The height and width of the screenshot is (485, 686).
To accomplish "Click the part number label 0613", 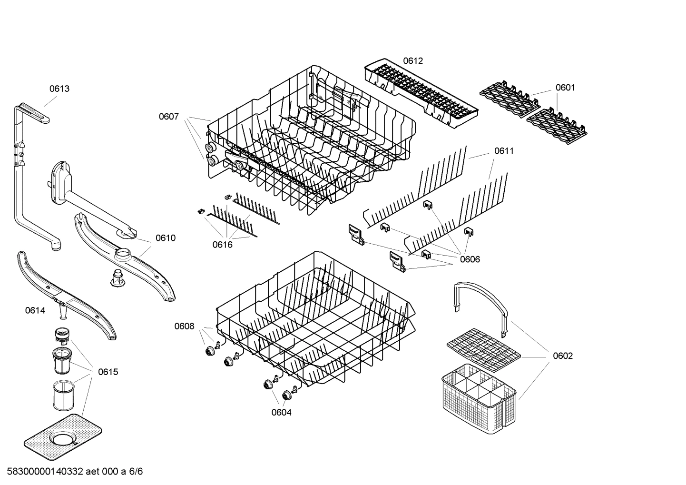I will [59, 89].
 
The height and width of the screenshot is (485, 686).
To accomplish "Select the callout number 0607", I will [169, 117].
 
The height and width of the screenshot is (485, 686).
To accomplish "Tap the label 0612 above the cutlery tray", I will [413, 61].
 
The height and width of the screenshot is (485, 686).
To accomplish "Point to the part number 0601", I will [565, 88].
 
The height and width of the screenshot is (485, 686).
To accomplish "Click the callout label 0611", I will [504, 151].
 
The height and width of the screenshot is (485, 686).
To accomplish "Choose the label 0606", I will [470, 259].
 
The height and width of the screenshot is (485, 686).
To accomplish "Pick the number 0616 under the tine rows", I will [222, 245].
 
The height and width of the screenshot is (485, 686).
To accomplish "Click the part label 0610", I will [166, 238].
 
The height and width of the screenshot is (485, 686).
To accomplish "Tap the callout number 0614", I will [35, 311].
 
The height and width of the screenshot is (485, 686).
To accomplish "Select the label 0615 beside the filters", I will [108, 372].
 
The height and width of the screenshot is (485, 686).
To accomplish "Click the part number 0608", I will [184, 326].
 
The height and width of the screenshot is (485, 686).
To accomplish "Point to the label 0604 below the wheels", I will [282, 413].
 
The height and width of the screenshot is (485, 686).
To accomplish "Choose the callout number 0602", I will [563, 356].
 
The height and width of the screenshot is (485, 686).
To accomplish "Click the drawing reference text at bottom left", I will [72, 472].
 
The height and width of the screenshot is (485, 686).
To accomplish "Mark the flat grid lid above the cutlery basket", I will [483, 350].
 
